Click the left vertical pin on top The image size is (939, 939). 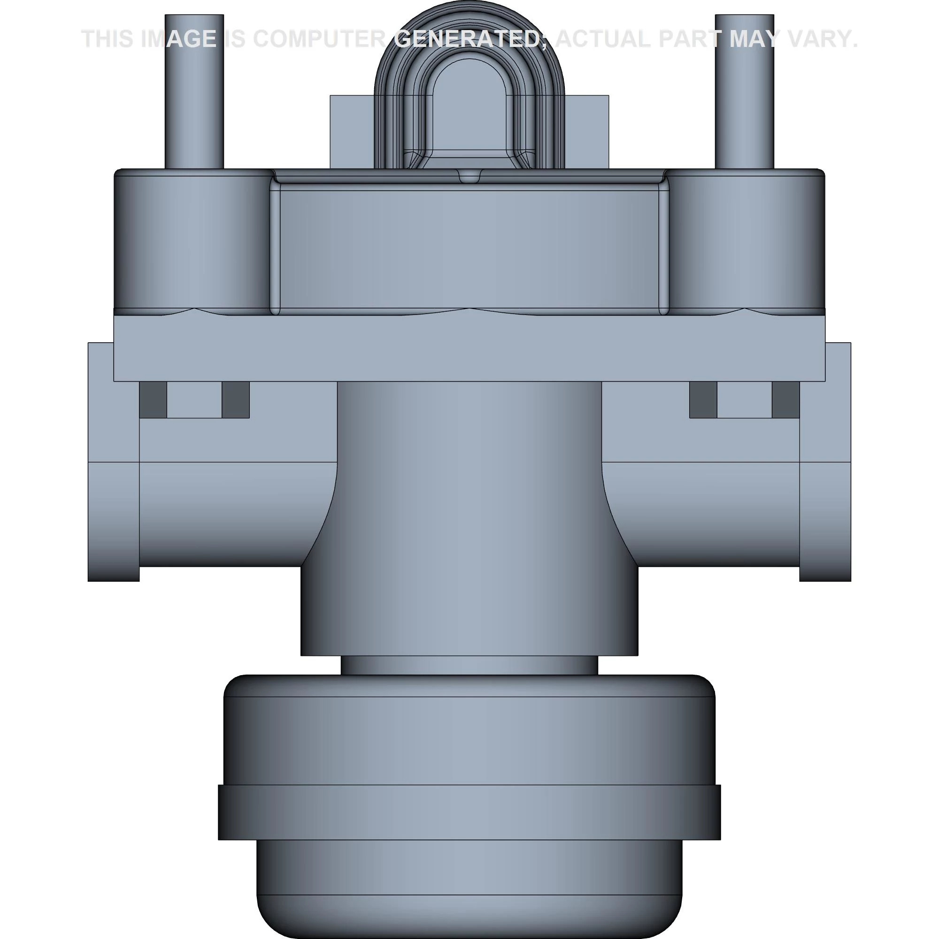[x=194, y=92]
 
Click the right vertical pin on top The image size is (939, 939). [x=745, y=92]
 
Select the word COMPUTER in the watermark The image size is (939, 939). [x=319, y=39]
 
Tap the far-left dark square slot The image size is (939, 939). [x=153, y=400]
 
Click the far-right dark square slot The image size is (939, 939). [x=786, y=400]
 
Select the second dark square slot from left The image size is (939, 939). [x=236, y=400]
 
